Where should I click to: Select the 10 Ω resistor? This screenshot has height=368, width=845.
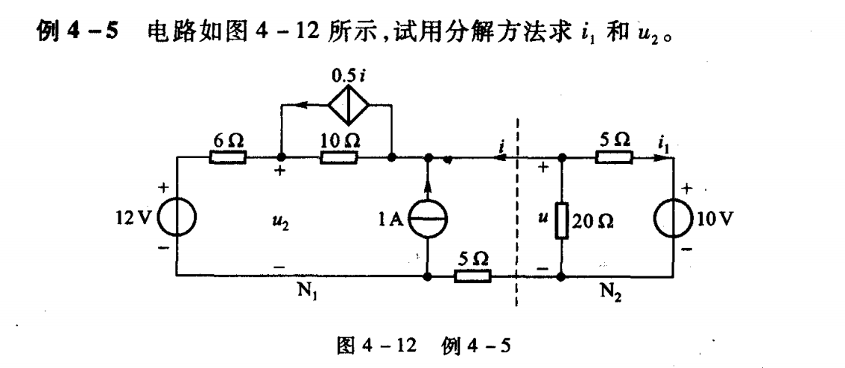coord(338,158)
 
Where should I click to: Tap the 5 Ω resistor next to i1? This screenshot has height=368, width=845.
coord(614,158)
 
